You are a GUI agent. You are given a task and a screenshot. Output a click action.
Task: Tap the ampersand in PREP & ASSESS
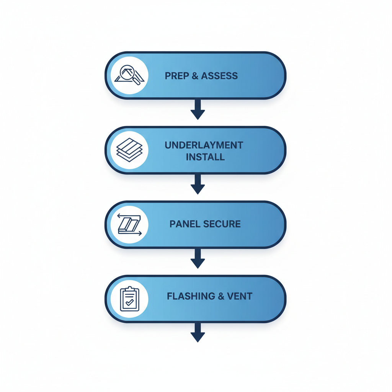(195, 76)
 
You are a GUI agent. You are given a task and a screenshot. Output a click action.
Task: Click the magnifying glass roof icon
(129, 75)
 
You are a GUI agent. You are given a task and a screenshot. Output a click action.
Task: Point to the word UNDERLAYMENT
(204, 145)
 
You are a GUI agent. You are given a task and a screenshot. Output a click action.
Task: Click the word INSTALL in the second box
(205, 157)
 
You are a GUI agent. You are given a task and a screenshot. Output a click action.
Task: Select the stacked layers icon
(129, 150)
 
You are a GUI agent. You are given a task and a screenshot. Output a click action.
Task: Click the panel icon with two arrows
(129, 224)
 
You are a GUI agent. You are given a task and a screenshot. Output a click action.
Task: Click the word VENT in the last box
(240, 296)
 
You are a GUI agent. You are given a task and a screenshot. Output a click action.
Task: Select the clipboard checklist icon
(129, 299)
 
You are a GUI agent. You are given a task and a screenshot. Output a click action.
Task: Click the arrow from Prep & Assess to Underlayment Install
(198, 109)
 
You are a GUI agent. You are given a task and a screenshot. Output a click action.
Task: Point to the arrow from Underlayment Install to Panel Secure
(198, 184)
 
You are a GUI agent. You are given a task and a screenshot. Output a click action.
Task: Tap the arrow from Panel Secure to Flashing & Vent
(198, 258)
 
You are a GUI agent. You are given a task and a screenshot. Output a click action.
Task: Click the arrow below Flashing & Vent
(198, 332)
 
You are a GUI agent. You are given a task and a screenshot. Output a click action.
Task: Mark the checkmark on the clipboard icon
(130, 302)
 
